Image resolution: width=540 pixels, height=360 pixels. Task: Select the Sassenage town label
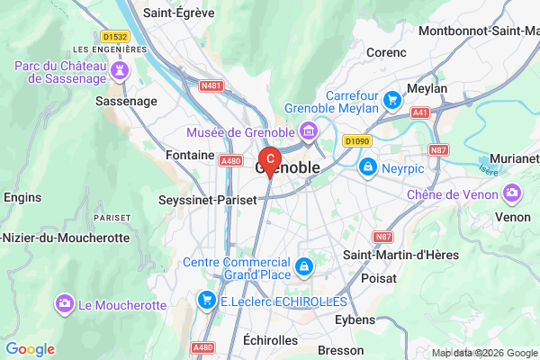tap(127, 102)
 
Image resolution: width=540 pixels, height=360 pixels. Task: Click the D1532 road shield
tap(114, 36)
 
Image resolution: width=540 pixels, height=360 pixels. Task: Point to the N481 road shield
tap(211, 85)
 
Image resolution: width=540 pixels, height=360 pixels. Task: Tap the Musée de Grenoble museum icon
tap(309, 132)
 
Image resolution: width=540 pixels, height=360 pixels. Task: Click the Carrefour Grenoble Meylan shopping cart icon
tap(391, 99)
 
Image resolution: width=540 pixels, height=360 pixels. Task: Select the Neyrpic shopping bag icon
tap(367, 166)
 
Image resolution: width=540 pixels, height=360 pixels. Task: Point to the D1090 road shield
tap(357, 140)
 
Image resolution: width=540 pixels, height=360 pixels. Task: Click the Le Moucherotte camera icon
tap(64, 304)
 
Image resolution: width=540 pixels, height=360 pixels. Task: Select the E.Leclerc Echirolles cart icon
tap(207, 299)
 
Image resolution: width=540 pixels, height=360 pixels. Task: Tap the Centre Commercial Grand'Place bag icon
tap(305, 267)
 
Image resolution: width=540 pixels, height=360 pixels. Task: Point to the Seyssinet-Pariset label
tap(203, 199)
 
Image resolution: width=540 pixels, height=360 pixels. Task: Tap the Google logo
tap(30, 349)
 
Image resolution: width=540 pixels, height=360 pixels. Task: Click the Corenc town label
tap(388, 52)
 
